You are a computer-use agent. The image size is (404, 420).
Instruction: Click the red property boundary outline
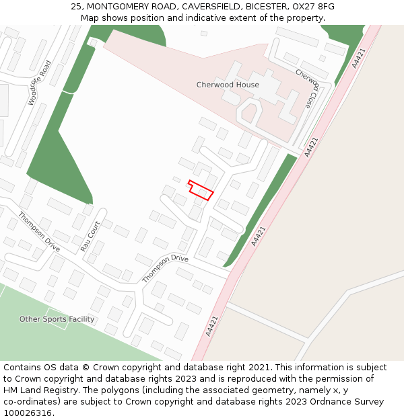point(201,190)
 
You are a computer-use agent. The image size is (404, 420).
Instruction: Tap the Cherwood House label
point(228,85)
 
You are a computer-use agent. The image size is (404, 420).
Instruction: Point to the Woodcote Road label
point(40,83)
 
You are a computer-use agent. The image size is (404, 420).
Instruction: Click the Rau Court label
point(90,236)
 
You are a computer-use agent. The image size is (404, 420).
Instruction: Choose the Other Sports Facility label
point(57,319)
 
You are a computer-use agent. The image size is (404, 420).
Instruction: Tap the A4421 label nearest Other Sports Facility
point(213,325)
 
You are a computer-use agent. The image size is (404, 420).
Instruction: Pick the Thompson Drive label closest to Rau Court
point(40,232)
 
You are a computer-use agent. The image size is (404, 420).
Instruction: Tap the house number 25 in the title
point(76,7)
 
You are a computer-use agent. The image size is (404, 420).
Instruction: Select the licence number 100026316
point(28,413)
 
